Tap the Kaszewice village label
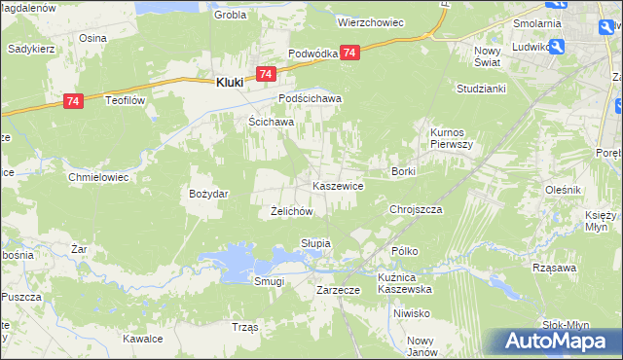[338, 185]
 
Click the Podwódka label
[311, 54]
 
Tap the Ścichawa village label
[265, 122]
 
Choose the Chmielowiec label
[96, 177]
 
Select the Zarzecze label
[339, 290]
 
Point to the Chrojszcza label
[416, 209]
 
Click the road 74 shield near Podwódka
[350, 54]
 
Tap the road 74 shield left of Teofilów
[73, 100]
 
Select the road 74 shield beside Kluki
[266, 74]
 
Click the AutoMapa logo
[562, 341]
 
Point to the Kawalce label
[141, 339]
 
